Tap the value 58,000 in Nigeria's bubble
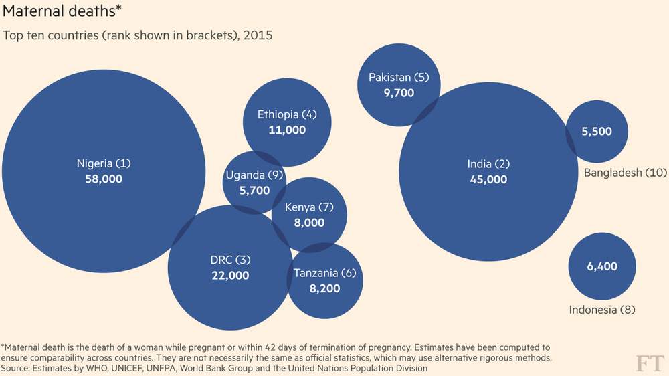[104, 179]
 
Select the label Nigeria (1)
[104, 163]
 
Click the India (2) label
[488, 164]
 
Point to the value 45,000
[488, 179]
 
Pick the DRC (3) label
[230, 260]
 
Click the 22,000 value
[230, 276]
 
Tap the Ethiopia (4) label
[287, 114]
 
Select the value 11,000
[287, 130]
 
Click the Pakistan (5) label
[399, 78]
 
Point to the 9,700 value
[399, 93]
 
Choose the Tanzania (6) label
[326, 273]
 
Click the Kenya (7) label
[309, 207]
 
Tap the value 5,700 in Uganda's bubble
[255, 191]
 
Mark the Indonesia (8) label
[601, 310]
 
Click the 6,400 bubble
[602, 266]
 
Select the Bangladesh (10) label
[626, 173]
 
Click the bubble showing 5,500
[597, 132]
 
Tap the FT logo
[649, 363]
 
